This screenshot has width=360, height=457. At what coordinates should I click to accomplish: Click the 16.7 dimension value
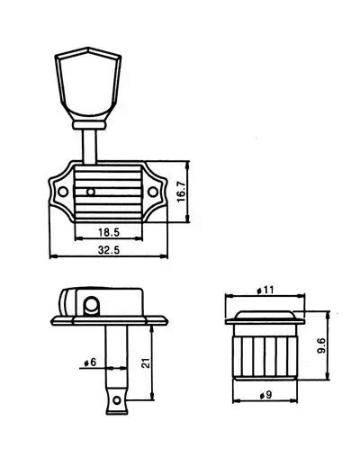click(182, 192)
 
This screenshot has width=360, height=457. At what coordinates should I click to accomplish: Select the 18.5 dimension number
click(109, 232)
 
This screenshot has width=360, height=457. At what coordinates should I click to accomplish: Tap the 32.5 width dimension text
click(109, 250)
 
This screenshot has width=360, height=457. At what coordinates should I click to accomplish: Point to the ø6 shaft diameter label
click(90, 363)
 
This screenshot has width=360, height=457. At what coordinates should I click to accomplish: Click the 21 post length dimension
click(146, 363)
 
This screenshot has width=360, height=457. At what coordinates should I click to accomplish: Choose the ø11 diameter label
click(265, 290)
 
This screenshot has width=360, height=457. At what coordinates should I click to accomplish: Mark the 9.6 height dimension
click(320, 346)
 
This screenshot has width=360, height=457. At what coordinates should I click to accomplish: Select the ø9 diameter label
click(265, 395)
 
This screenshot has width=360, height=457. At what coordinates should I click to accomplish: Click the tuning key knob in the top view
click(88, 84)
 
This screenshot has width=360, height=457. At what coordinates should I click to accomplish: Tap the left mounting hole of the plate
click(63, 192)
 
